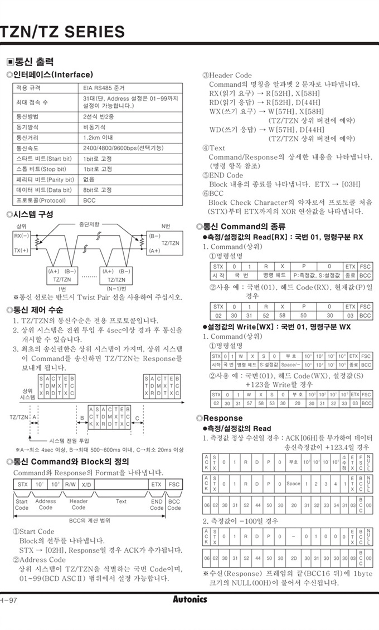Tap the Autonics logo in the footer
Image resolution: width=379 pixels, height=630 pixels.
point(189,599)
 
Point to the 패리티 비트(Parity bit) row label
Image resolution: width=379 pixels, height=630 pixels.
point(45,180)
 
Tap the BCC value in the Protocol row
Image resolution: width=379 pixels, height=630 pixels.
point(89,200)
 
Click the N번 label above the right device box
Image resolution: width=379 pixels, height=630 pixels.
point(166,226)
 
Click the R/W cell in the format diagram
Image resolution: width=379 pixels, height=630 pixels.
point(71,484)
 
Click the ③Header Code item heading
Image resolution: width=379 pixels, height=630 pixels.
point(227,75)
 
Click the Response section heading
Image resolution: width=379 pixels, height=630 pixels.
point(222,418)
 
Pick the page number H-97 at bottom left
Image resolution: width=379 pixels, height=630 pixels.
point(8,600)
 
